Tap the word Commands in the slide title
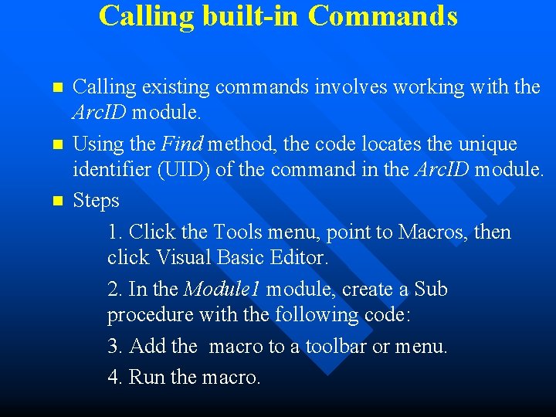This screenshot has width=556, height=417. (x=383, y=16)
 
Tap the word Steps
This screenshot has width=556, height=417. (x=97, y=201)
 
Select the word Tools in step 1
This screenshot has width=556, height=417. (x=238, y=232)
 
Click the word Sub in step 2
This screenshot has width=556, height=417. (x=430, y=290)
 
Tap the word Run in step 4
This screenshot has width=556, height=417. (x=147, y=378)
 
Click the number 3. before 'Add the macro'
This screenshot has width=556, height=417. (x=116, y=347)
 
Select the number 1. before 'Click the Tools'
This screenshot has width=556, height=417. (x=116, y=232)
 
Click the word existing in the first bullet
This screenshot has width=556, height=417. (x=176, y=87)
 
